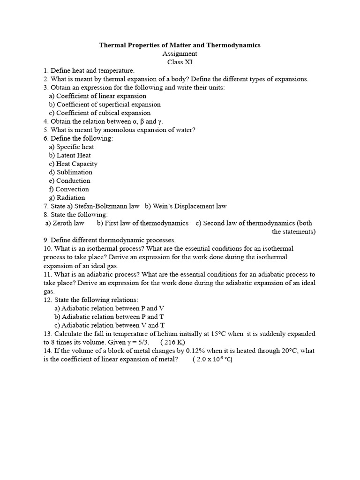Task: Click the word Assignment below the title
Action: [180, 54]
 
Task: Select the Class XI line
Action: [180, 62]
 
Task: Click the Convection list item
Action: [72, 189]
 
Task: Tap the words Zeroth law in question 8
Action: [68, 223]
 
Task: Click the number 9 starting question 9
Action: [45, 240]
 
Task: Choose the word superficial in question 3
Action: [108, 105]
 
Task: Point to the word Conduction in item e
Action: [73, 180]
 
